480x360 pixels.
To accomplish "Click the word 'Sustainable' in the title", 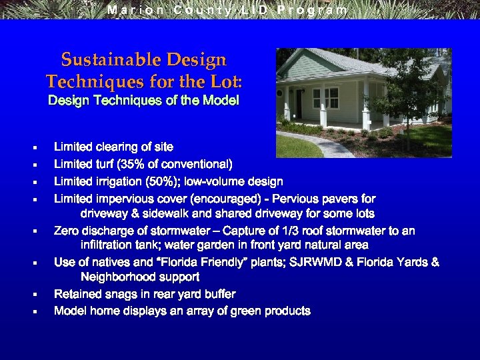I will click(x=101, y=60).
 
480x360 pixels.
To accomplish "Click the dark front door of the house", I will click(x=299, y=104).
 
